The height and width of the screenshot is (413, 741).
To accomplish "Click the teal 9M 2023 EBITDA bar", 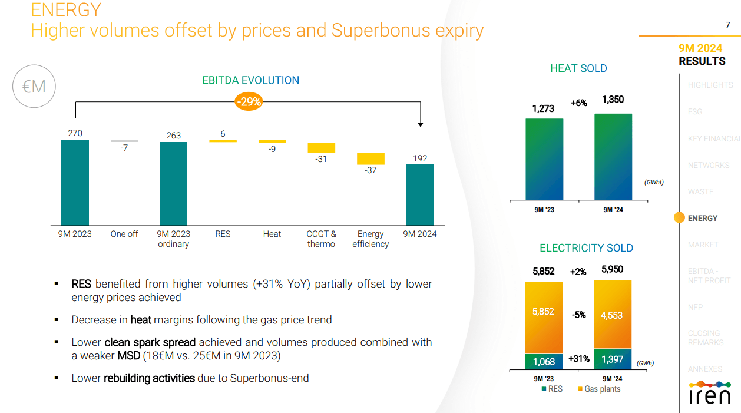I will pos(75,182).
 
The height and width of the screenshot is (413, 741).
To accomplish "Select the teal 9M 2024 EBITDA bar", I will pos(420,194).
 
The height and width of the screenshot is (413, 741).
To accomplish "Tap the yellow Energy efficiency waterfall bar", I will pos(370,158).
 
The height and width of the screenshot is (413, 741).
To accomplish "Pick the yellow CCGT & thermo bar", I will pos(321,148).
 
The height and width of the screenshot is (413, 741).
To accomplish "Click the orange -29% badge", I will pos(249,102).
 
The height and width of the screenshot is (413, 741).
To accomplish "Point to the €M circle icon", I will pos(34,87).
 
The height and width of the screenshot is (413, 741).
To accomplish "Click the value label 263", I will pos(174,136).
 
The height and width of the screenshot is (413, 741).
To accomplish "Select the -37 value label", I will pos(370,171).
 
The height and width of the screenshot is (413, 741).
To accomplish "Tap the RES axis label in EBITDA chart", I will pos(223,234).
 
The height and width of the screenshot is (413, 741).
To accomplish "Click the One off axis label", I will pos(124,234).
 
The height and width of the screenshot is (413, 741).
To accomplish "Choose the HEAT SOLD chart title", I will pos(578,68).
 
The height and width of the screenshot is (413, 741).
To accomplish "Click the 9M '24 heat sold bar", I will pos(613,157).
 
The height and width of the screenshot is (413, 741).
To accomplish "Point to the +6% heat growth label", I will pos(578,103).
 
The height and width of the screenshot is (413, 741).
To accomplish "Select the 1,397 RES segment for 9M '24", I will pos(613,359).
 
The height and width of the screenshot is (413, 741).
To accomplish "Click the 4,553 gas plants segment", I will pos(613,315).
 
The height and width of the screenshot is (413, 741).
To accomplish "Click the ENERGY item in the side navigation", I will pos(703,218).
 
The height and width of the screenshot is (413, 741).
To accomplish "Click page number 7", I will pos(727,25).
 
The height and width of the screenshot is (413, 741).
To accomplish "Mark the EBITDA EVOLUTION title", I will pos(250,80).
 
